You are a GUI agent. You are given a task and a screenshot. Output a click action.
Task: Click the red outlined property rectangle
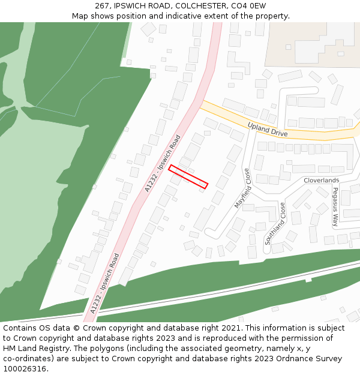[188, 176]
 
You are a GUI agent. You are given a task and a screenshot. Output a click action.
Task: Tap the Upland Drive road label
[268, 129]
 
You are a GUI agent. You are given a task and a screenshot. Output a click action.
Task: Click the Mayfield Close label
[242, 188]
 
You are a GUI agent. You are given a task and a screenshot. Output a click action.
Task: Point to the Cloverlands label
[321, 180]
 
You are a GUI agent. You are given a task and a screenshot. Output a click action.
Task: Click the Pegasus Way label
[335, 206]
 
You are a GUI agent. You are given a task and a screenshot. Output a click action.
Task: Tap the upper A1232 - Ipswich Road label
[163, 163]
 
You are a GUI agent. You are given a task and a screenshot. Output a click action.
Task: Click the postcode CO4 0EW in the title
[247, 6]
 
